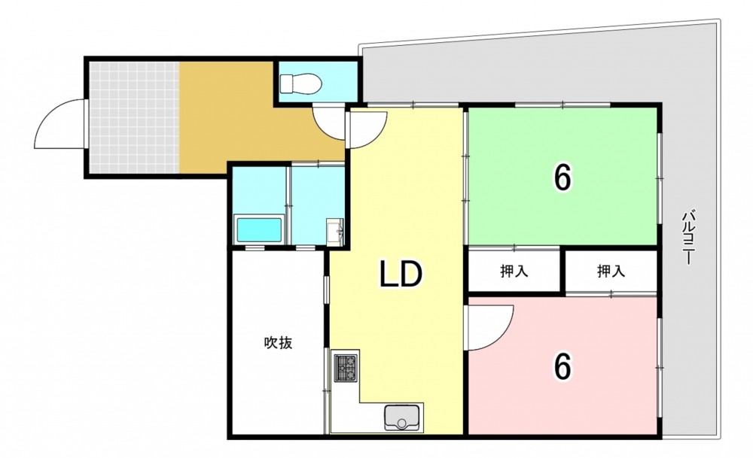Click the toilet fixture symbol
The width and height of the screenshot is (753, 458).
tap(301, 84)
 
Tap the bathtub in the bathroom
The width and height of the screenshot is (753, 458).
tap(258, 230)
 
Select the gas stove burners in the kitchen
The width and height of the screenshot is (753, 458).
tap(346, 368)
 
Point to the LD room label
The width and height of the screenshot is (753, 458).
tap(401, 274)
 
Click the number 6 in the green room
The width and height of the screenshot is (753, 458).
tap(562, 177)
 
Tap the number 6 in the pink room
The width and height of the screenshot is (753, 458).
tap(562, 366)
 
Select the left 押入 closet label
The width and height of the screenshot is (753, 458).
tap(514, 271)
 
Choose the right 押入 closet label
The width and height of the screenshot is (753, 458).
tap(611, 271)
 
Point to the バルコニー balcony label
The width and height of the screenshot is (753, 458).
tap(689, 238)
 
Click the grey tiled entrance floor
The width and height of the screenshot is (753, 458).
tap(135, 117)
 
